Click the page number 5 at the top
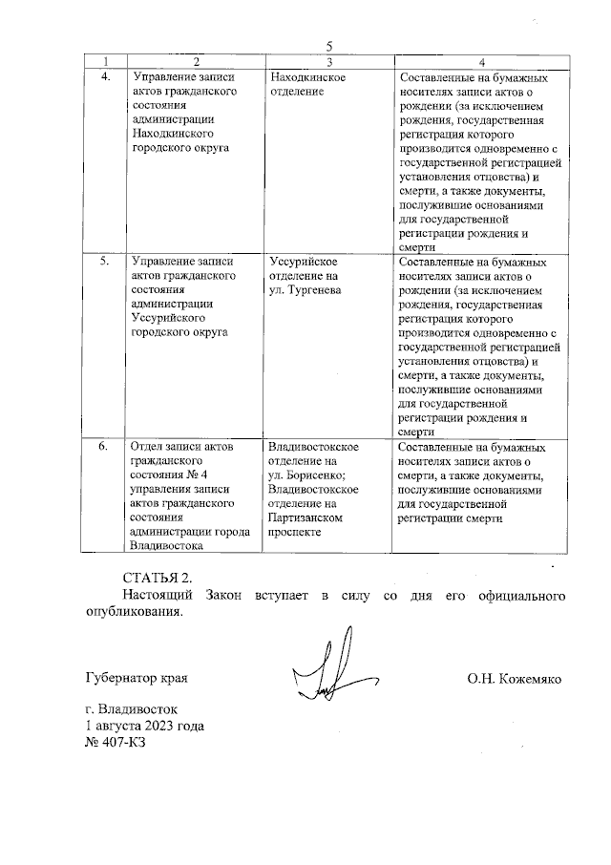(328, 46)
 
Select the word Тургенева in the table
(314, 289)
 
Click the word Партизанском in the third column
(306, 517)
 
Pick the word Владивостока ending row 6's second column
(167, 546)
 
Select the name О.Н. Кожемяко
(514, 679)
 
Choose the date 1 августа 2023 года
(144, 726)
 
